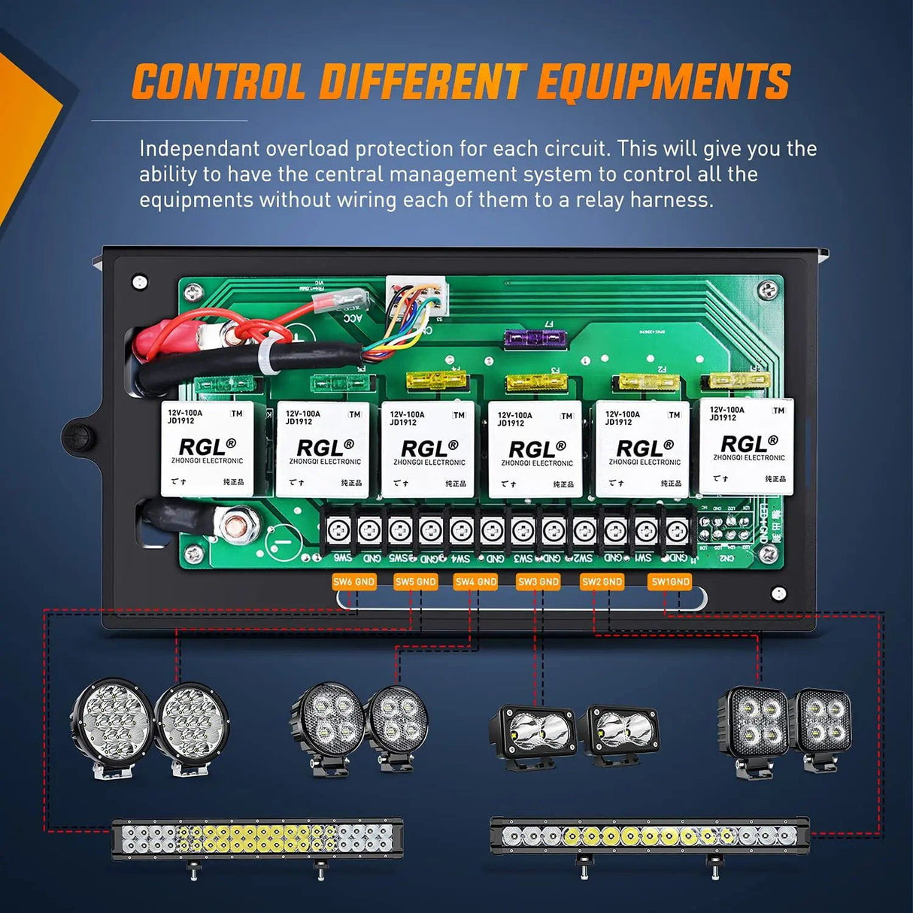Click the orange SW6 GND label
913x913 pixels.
(354, 581)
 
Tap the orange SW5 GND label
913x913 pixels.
(416, 581)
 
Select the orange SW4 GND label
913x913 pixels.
(476, 581)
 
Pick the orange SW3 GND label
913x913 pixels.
(538, 581)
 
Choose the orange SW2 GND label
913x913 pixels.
(602, 581)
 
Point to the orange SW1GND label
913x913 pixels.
(670, 581)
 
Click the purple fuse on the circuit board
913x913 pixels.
(533, 340)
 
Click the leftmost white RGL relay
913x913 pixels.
(207, 449)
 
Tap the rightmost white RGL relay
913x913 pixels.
(746, 446)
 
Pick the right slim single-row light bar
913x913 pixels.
(649, 836)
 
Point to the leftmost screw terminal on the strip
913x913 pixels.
(338, 531)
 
